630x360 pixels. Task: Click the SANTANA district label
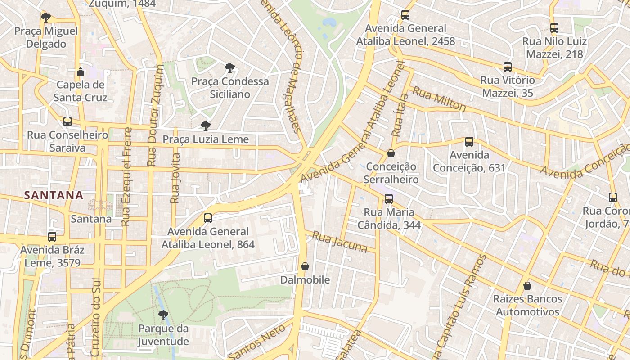point(54,195)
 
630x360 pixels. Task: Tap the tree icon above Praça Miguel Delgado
point(45,18)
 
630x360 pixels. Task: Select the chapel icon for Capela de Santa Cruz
point(81,71)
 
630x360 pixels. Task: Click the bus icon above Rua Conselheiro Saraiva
point(67,121)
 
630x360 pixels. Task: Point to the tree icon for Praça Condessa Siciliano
point(230,68)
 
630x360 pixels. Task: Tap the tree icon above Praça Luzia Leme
point(206,126)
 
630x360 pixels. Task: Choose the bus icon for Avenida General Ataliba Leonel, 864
point(208,218)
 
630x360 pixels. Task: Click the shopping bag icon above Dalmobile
point(305,266)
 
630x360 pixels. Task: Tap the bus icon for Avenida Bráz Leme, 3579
point(52,236)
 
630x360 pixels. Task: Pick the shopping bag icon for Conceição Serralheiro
point(391,153)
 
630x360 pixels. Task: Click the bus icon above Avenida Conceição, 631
point(469,142)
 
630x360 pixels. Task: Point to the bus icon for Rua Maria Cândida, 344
point(389,198)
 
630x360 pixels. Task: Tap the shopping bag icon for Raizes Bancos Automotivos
point(527,286)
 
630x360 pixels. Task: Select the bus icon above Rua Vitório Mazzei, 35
point(508,67)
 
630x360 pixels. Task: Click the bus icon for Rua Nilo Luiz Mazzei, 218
point(554,28)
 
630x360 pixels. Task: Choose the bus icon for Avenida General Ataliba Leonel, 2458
point(405,15)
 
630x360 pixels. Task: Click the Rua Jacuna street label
point(340,242)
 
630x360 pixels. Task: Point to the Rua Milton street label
point(439,99)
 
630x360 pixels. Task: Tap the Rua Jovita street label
point(175,179)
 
